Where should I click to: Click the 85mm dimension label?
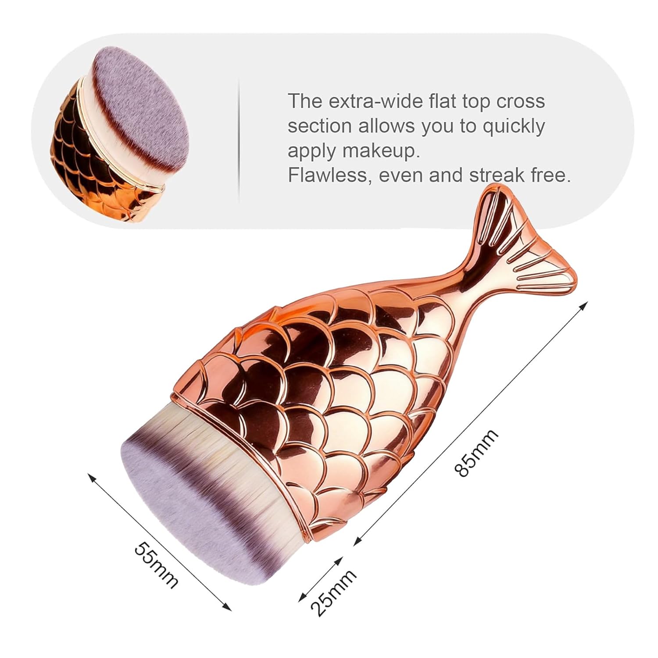point(476,453)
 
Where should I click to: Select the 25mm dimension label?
point(333,593)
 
